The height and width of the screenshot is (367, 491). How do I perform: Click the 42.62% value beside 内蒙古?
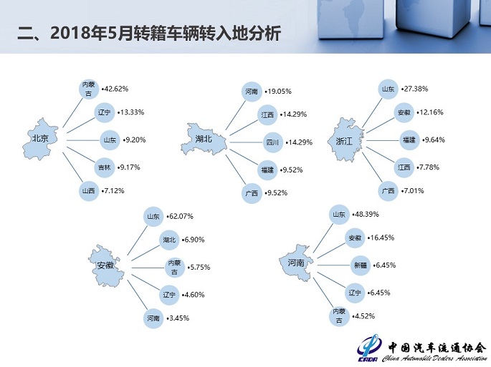point(116,89)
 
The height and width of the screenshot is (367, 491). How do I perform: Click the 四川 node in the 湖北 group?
point(272,142)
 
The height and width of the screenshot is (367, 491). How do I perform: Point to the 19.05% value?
point(280,92)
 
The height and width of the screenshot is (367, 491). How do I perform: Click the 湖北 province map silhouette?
point(205,139)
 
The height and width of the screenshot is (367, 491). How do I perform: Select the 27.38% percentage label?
point(416,89)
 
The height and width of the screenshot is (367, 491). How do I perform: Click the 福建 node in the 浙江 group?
point(409,140)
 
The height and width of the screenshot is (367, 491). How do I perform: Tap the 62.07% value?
point(181,216)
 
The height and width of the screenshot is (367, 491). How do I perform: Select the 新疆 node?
point(360,265)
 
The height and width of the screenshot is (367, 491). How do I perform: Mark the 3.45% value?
point(178,318)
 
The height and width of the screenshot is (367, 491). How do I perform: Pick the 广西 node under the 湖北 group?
point(252,193)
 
